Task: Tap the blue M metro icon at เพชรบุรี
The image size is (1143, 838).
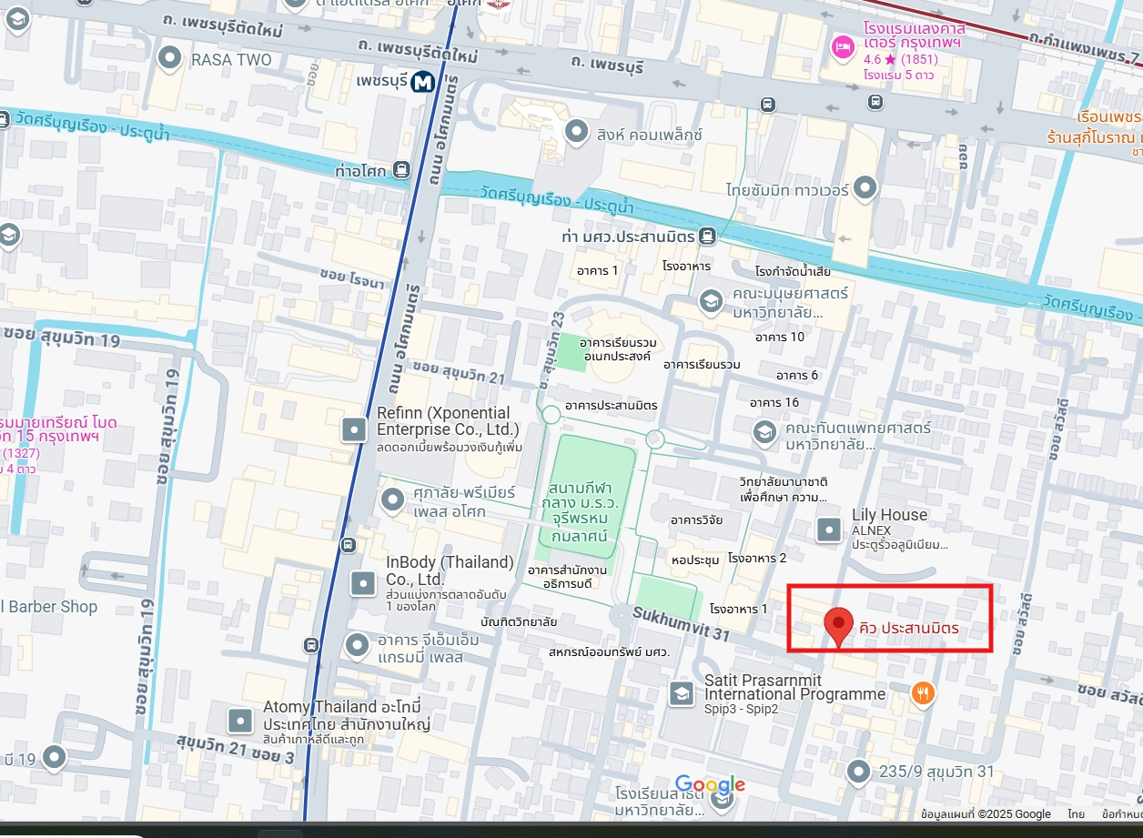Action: tap(421, 83)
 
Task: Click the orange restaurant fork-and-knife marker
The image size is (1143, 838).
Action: tap(923, 693)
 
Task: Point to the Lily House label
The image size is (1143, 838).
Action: tap(889, 515)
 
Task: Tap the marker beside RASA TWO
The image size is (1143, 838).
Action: tap(170, 59)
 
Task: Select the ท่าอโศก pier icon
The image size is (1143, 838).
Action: tap(401, 170)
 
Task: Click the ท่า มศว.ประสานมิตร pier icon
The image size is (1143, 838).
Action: tap(707, 237)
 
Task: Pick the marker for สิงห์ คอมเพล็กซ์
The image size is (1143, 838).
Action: tap(575, 132)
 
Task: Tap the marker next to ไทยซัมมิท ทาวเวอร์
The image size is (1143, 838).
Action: tap(865, 188)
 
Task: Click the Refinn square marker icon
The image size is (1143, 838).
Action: tap(354, 429)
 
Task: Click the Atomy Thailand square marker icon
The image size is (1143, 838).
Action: tap(240, 721)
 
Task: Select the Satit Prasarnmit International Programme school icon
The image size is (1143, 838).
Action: tap(681, 694)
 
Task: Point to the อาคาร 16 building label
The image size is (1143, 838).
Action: tap(774, 402)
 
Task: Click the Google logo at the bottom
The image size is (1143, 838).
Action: tap(710, 785)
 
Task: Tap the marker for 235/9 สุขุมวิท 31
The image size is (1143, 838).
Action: tap(858, 772)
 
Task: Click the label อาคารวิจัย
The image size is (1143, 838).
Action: tap(696, 520)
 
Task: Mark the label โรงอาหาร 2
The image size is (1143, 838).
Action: tap(756, 557)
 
